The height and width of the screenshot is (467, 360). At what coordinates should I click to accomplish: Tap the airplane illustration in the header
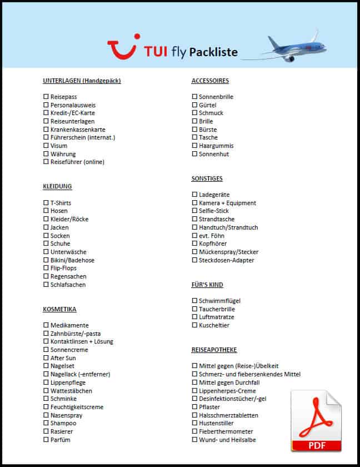click(x=292, y=47)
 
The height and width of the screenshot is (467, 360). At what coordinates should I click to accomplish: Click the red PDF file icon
click(x=316, y=421)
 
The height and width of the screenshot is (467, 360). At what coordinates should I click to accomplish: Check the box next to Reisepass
click(x=46, y=97)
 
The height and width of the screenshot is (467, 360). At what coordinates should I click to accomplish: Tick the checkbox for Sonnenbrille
click(x=194, y=97)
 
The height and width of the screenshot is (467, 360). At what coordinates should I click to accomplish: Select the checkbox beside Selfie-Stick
click(x=194, y=211)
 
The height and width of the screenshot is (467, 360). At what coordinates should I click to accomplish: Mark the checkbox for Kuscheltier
click(x=194, y=325)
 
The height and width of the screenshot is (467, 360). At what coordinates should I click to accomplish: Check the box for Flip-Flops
click(x=46, y=268)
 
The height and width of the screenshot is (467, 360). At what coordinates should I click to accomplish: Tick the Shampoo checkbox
click(x=46, y=423)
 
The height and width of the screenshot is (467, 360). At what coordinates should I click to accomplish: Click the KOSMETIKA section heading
click(x=59, y=309)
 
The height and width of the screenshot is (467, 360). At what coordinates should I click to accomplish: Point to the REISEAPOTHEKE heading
click(x=214, y=350)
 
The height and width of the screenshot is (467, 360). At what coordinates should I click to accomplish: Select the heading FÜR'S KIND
click(x=207, y=285)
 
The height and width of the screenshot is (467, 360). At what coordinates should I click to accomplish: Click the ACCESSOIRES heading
click(x=210, y=81)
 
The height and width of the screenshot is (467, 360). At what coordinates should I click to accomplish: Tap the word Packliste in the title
click(x=213, y=53)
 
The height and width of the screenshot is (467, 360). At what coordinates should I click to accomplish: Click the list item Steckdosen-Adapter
click(x=226, y=260)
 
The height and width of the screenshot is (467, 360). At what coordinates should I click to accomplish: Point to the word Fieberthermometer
click(x=226, y=431)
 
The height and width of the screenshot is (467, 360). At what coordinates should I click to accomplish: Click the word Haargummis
click(x=216, y=146)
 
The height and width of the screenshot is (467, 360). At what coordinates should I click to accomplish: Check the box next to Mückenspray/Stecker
click(x=194, y=252)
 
